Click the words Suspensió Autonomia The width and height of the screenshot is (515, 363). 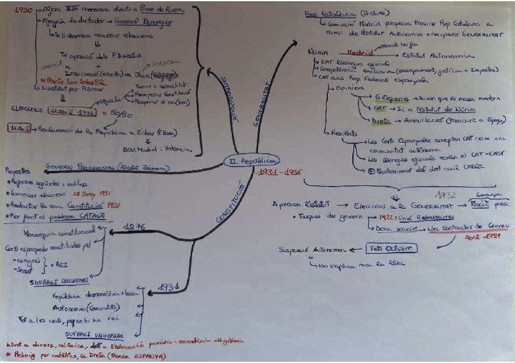tap(312, 249)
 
